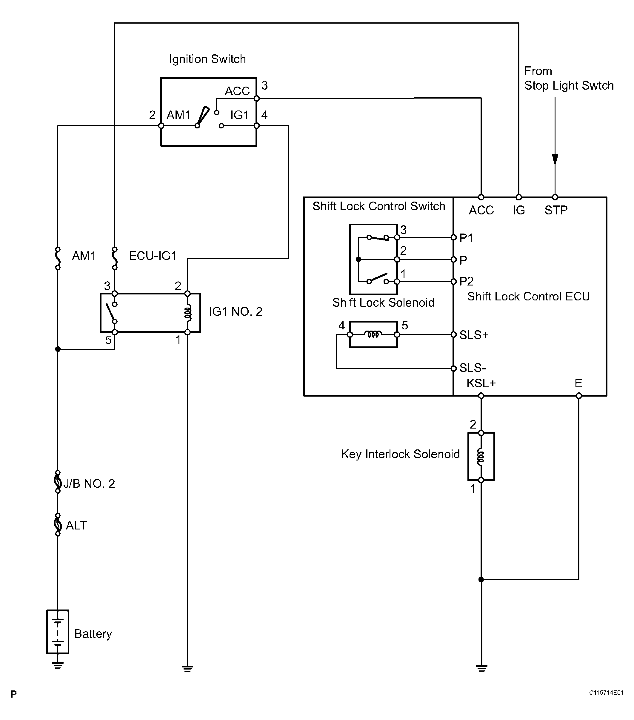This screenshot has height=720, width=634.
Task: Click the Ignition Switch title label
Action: click(207, 59)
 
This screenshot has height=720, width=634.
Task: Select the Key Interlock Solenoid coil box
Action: click(481, 457)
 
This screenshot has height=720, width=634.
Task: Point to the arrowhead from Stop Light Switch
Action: click(555, 159)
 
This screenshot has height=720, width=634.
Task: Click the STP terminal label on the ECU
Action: click(556, 210)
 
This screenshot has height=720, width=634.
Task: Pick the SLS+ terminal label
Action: click(474, 335)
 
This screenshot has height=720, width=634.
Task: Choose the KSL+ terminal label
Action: click(481, 383)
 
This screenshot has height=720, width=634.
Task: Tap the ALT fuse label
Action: click(76, 525)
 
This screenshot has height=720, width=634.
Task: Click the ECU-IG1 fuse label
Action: click(153, 256)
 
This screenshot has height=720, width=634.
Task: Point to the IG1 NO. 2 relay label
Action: click(236, 311)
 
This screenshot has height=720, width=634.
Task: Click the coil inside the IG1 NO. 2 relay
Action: click(188, 313)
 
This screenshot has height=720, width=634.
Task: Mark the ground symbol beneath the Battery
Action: click(58, 665)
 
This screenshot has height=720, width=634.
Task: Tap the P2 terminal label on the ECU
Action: click(467, 281)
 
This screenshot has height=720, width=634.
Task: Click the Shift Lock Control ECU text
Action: click(528, 296)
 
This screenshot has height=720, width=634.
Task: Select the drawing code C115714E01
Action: click(606, 693)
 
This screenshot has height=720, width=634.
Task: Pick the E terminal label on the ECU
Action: click(578, 383)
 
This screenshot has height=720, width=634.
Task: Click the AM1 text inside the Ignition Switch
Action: click(178, 115)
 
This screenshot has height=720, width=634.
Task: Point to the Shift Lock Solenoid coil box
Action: click(373, 334)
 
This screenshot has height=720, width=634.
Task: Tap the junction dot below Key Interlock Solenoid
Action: click(481, 579)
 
